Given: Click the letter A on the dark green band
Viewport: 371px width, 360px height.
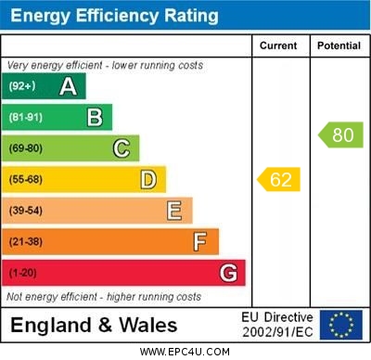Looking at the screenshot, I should click(68, 86).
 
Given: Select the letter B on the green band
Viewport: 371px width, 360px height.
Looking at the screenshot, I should click(95, 117).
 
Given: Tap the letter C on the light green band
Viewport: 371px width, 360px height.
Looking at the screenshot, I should click(122, 148).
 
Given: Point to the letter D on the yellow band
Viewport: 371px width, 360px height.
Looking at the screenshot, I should click(147, 179).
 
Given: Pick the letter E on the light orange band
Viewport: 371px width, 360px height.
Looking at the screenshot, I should click(174, 211).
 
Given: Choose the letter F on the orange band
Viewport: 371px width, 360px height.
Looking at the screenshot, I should click(200, 242).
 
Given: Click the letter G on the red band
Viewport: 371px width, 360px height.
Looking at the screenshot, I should click(228, 273).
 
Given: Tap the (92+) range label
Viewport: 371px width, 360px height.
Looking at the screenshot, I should click(22, 86).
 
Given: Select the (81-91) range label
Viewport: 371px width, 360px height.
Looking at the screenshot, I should click(26, 118).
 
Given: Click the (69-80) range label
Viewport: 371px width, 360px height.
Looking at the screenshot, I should click(26, 148).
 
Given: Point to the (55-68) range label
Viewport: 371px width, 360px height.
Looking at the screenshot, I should click(26, 180).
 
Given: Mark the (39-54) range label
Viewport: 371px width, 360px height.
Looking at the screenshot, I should click(26, 211).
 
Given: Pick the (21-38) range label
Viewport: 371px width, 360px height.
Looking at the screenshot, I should click(26, 242).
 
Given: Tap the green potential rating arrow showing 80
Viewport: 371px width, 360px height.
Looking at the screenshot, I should click(340, 135).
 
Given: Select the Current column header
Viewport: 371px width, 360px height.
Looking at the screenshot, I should click(279, 45).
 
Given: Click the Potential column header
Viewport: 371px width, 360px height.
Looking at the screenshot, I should click(339, 45).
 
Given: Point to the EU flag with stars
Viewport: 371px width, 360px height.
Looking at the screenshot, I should click(341, 325).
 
